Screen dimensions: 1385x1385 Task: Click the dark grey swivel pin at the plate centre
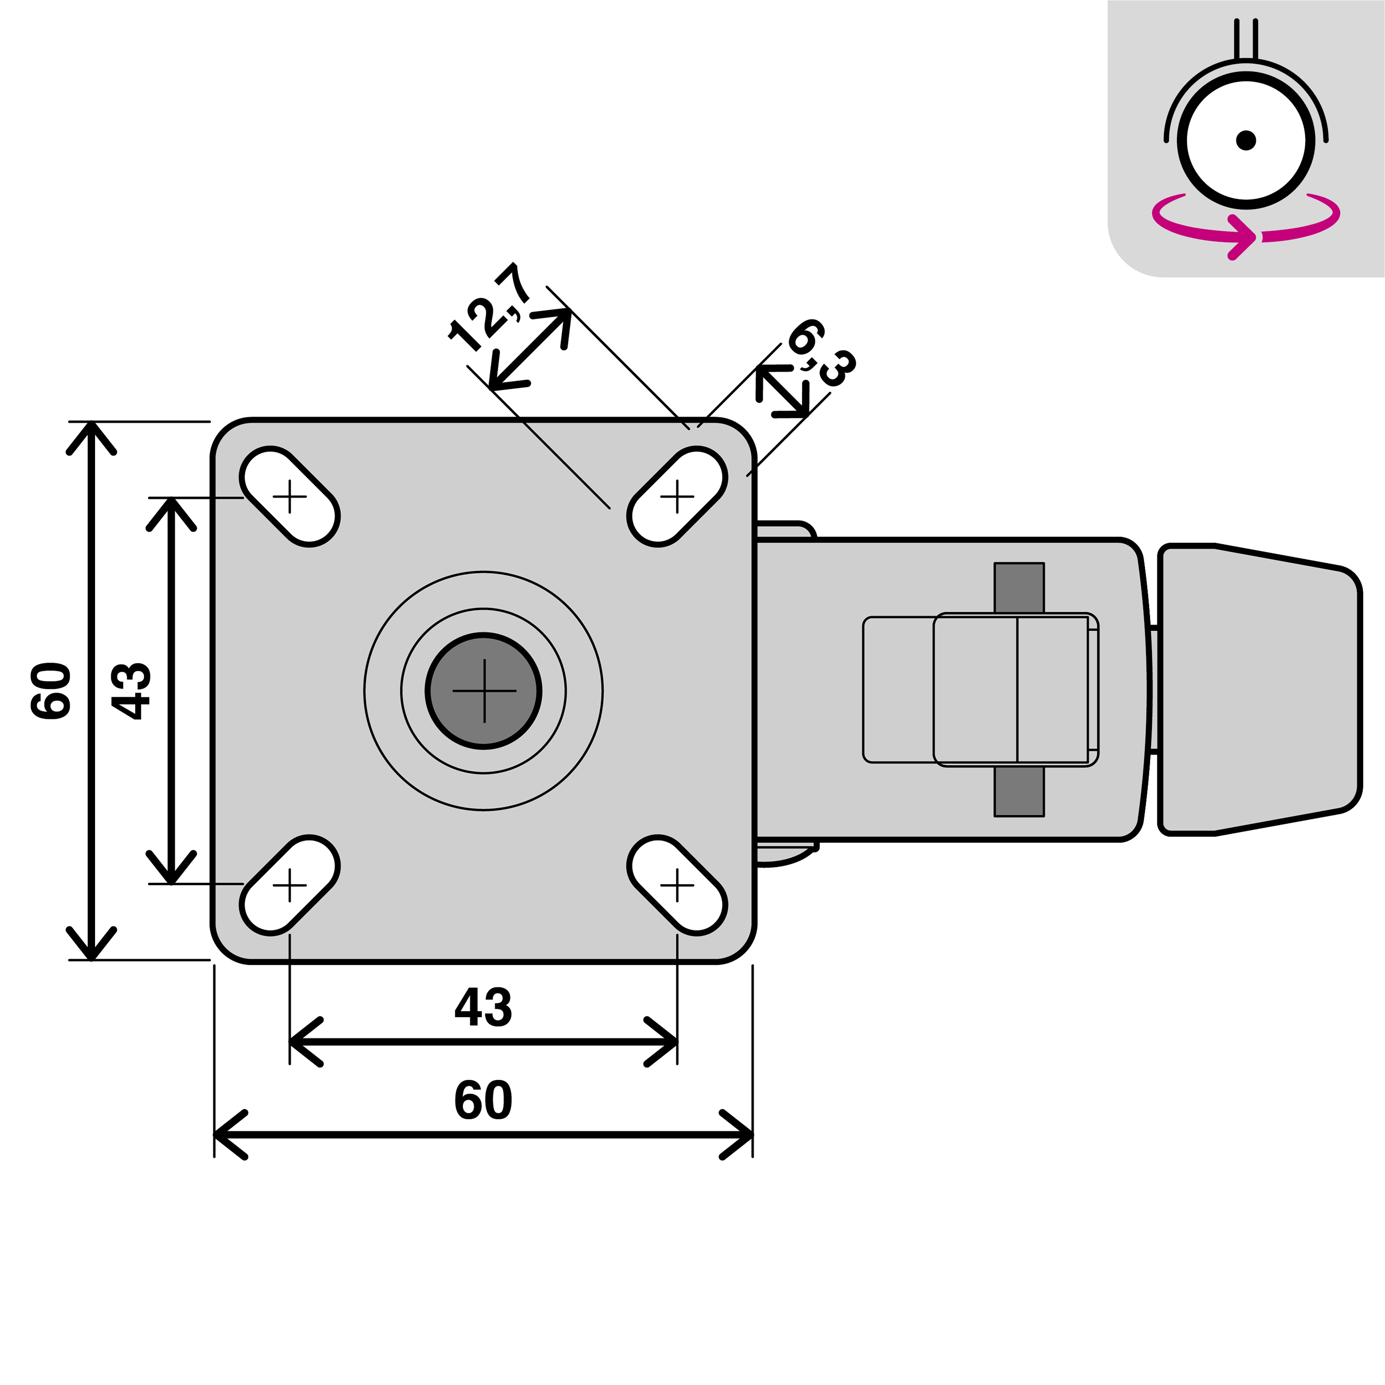tap(484, 691)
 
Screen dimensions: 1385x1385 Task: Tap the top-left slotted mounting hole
tap(289, 496)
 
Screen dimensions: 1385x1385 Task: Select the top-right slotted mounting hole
tap(677, 496)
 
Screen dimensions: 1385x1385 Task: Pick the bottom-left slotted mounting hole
tap(289, 885)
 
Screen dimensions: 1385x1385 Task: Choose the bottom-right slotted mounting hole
tap(677, 885)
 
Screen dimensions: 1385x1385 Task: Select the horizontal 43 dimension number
tap(483, 1007)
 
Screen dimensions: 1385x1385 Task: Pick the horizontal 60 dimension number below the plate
tap(483, 1101)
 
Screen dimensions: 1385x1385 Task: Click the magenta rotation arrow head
tap(1244, 236)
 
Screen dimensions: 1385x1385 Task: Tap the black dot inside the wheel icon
tap(1246, 140)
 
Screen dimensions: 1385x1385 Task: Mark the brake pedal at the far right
tap(1259, 690)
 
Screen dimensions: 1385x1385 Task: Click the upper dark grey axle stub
tap(1019, 588)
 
